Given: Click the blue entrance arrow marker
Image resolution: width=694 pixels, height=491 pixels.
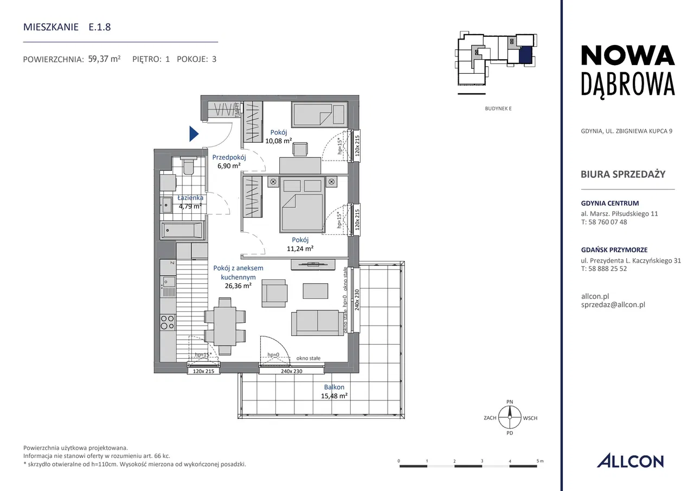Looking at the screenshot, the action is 194,134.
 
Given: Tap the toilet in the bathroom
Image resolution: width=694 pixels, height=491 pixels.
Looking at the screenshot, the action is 188,166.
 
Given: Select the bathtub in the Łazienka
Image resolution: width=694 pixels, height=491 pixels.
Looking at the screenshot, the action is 182,230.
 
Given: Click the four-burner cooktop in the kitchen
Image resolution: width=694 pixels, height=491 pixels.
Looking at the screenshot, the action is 168,322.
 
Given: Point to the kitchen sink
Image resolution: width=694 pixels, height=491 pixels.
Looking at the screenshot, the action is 168,287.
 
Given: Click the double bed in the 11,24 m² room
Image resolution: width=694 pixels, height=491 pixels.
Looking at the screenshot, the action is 303,205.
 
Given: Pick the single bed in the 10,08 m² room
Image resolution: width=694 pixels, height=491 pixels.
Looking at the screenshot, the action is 319,114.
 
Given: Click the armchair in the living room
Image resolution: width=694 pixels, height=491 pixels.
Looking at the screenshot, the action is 274,293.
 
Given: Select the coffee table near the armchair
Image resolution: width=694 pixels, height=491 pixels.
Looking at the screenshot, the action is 316,291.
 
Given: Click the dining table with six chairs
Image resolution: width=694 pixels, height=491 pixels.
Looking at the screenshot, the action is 225,327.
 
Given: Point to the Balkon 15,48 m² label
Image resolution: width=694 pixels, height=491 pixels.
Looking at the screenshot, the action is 334,392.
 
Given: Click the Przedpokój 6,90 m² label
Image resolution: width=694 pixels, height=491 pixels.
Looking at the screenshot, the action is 229,162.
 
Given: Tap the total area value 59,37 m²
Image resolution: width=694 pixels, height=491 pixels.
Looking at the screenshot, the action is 105,59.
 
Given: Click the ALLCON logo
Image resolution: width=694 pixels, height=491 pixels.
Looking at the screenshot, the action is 631,461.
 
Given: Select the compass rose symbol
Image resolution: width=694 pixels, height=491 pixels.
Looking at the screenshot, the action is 510,418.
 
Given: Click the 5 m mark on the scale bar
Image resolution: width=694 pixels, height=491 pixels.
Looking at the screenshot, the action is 540,461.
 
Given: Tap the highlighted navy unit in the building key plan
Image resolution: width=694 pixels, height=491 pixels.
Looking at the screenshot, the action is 526,56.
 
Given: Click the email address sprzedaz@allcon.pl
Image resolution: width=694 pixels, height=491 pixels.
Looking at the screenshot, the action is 613,305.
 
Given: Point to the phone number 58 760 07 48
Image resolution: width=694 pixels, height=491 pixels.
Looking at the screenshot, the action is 608,222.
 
